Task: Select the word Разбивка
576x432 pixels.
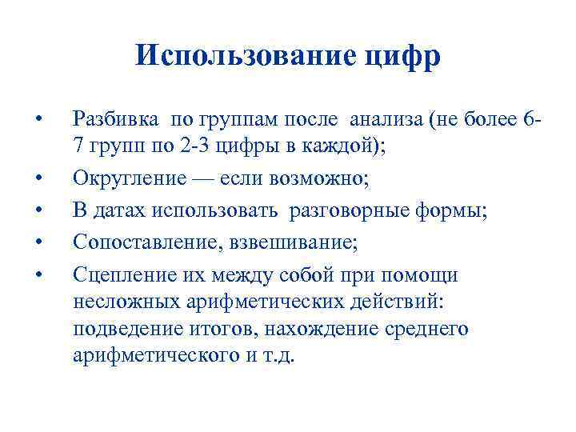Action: point(118,121)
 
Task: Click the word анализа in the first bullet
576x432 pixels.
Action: point(382,121)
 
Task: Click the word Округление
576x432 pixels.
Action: point(126,175)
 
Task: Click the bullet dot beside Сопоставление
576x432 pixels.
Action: point(38,238)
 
